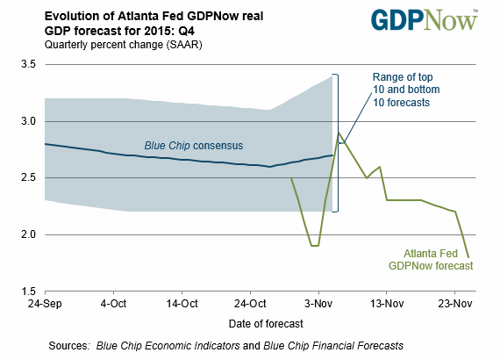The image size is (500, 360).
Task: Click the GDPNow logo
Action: tap(425, 20)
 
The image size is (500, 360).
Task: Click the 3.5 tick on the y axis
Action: tap(28, 64)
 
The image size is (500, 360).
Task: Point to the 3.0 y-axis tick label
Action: tap(28, 121)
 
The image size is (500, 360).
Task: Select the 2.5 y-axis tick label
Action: tap(28, 177)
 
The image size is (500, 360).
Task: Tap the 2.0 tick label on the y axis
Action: tap(28, 234)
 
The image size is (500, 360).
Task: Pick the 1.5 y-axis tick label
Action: tap(28, 291)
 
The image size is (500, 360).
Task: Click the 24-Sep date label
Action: tap(45, 304)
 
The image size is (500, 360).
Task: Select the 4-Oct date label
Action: tap(113, 304)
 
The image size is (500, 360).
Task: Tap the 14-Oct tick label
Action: tap(182, 304)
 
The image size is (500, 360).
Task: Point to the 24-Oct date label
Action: tap(250, 304)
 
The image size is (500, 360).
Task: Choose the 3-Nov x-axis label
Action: tap(318, 304)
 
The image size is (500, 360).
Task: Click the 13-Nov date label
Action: tap(387, 304)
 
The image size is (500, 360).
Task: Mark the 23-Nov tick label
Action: tap(455, 304)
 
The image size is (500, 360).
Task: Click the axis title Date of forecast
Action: tap(266, 324)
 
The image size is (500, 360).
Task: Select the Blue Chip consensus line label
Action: tap(194, 146)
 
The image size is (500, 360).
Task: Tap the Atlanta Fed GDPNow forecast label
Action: tap(431, 260)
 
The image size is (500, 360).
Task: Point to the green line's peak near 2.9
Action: tap(339, 133)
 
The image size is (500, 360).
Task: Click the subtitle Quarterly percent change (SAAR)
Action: tap(123, 45)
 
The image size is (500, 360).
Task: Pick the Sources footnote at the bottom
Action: tap(225, 346)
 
